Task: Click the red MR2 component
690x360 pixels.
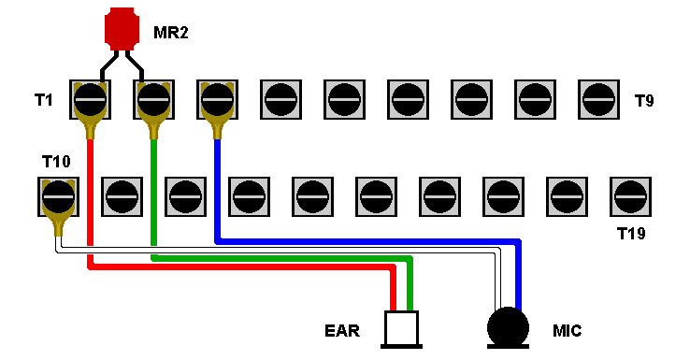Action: click(122, 29)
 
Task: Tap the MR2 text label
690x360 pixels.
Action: click(171, 32)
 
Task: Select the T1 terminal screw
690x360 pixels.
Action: click(90, 99)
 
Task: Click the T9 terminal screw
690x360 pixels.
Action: click(598, 99)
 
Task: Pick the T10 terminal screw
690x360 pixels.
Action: click(59, 196)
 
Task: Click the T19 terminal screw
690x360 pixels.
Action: click(630, 196)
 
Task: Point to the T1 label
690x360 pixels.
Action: click(44, 100)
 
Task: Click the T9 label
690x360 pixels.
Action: click(644, 101)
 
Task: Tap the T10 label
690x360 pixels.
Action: click(56, 162)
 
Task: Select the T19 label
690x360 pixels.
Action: click(631, 233)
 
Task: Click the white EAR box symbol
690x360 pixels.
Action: click(401, 329)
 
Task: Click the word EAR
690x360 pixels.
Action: click(342, 330)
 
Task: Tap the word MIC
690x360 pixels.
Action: click(567, 330)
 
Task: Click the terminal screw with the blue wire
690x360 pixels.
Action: click(218, 99)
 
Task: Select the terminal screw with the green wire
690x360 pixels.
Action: click(153, 99)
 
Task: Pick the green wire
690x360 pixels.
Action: click(281, 258)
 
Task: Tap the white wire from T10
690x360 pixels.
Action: click(278, 250)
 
